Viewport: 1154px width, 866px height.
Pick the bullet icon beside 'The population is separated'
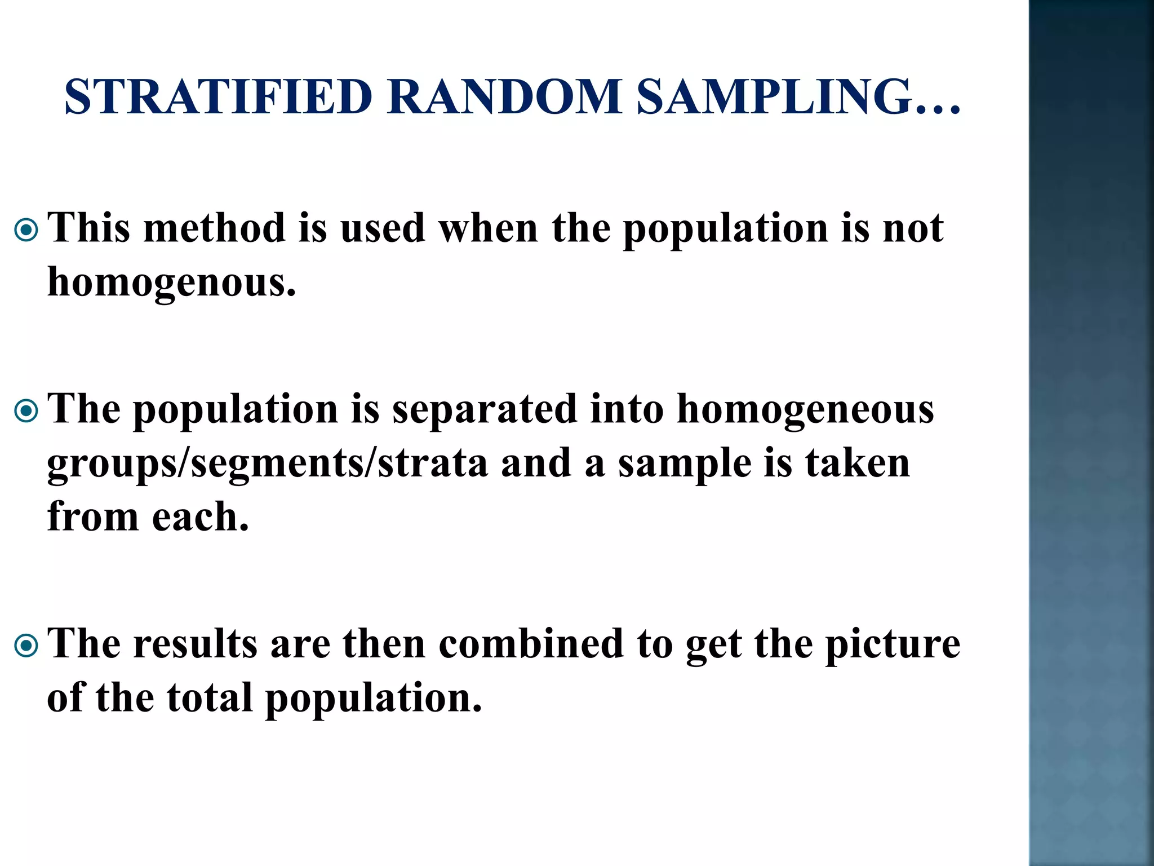(26, 411)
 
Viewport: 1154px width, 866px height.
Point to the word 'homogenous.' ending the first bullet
(171, 282)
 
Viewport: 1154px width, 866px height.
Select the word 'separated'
(485, 409)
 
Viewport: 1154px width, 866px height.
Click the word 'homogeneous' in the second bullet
(805, 410)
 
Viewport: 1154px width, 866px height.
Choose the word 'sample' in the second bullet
(685, 463)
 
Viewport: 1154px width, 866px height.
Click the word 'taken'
(857, 463)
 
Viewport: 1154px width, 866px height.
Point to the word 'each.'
(200, 517)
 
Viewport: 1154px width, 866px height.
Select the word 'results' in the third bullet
(195, 644)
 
